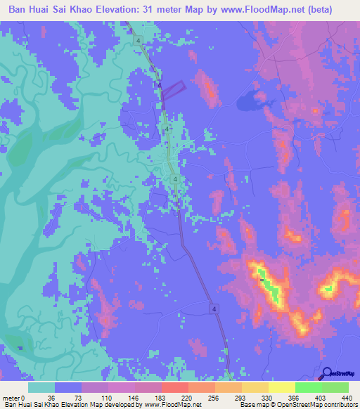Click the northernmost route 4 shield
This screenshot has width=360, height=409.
tap(140, 41)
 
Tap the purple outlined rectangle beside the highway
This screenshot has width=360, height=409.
tap(175, 87)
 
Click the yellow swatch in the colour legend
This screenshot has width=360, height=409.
tap(281, 387)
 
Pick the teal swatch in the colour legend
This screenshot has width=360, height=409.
tap(41, 387)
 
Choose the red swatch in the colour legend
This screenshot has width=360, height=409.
tap(174, 387)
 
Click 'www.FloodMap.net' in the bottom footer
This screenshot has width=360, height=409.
tap(173, 405)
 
